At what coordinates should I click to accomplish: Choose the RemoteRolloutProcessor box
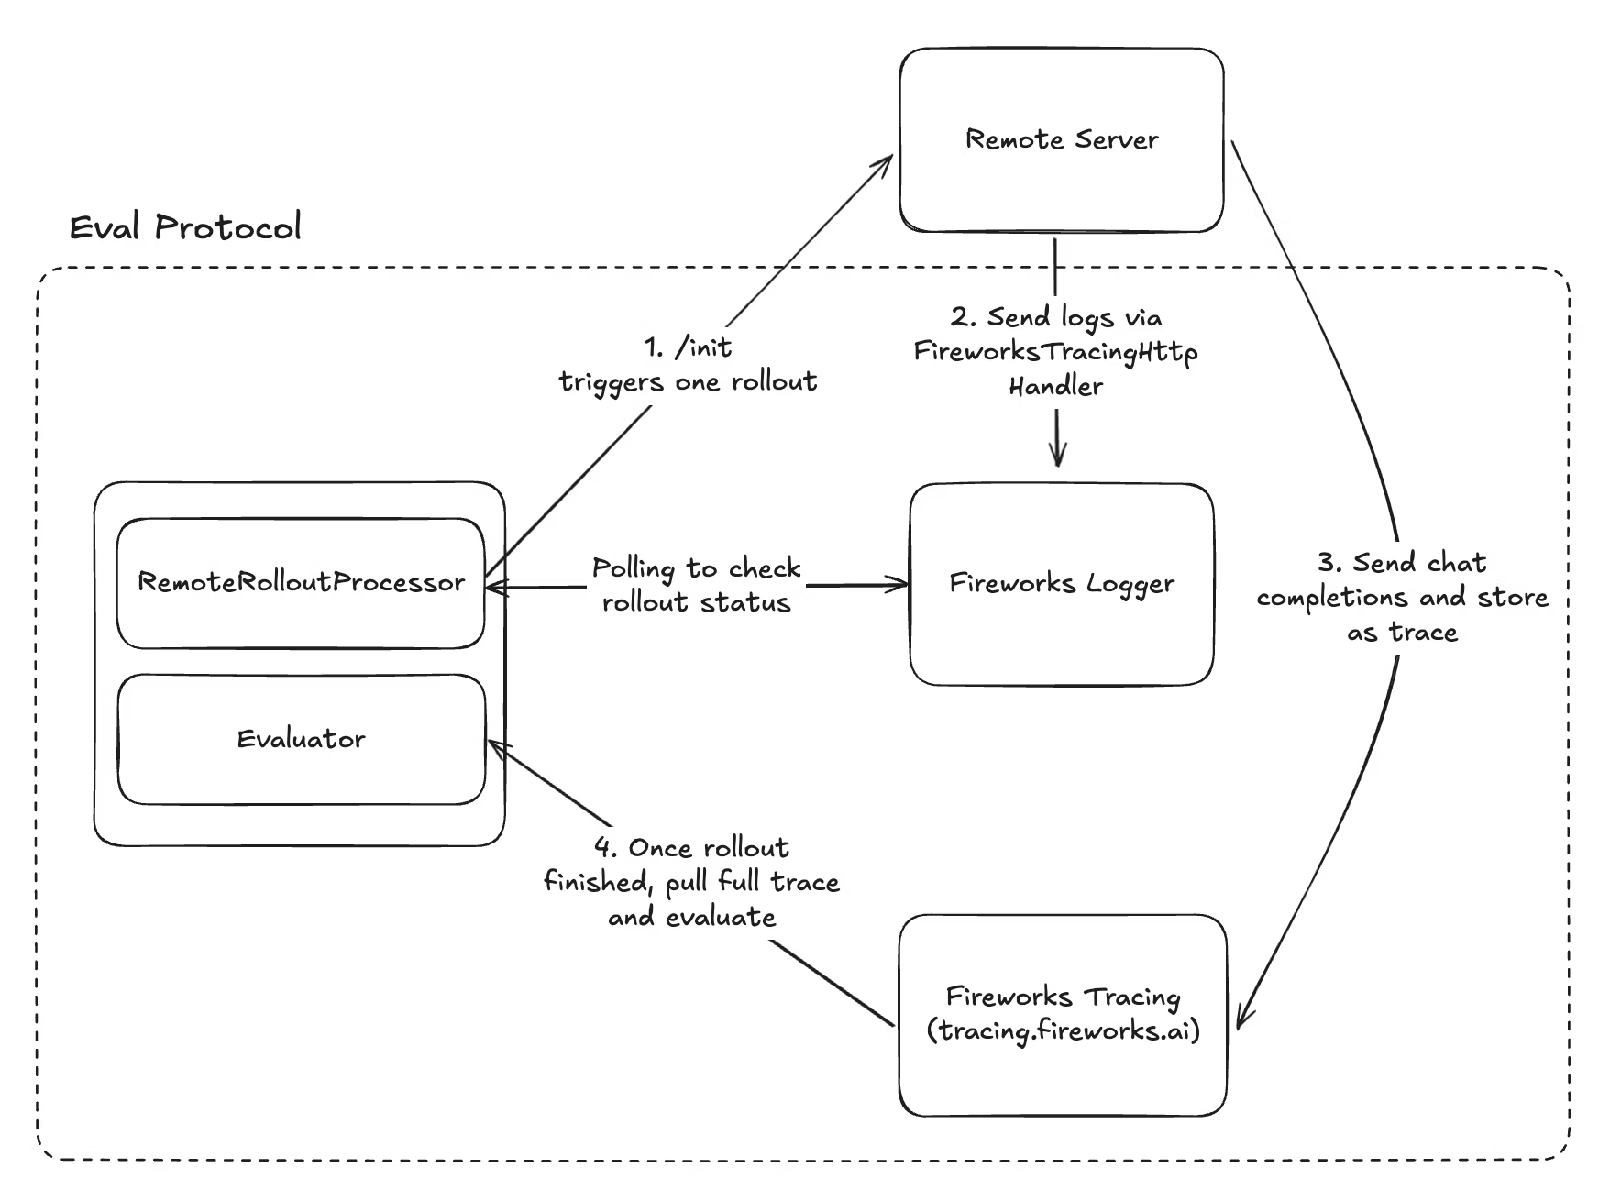[x=301, y=583]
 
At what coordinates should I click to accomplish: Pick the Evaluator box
[x=301, y=739]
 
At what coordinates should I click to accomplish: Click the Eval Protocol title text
[x=185, y=226]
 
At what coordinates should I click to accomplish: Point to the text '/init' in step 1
[x=703, y=347]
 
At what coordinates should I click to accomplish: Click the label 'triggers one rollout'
[x=688, y=381]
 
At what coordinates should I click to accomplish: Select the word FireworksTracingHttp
[x=1055, y=352]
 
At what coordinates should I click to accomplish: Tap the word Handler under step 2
[x=1055, y=387]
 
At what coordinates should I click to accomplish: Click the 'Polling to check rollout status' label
[x=696, y=585]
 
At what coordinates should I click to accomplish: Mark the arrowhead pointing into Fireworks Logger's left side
[x=900, y=584]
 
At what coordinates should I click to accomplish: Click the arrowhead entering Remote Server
[x=886, y=162]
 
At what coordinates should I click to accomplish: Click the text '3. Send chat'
[x=1402, y=562]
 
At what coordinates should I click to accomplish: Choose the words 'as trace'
[x=1402, y=633]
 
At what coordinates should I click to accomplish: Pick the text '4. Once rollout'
[x=691, y=847]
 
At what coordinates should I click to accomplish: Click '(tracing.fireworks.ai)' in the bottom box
[x=1063, y=1031]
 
